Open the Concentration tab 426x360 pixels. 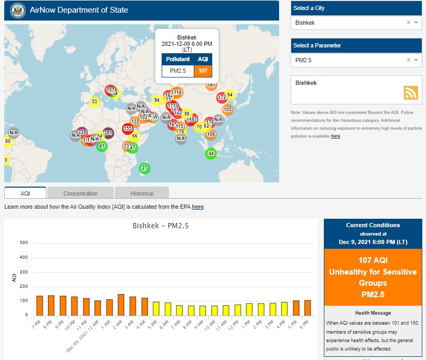click(x=81, y=193)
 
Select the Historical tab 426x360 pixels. click(x=142, y=193)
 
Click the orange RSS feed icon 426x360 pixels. click(x=411, y=92)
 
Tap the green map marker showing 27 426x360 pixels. click(x=144, y=168)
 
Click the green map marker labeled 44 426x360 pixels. click(x=211, y=153)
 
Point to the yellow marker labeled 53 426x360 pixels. click(x=94, y=101)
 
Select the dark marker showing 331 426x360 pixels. click(x=108, y=133)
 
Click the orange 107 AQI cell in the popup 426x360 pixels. click(x=203, y=71)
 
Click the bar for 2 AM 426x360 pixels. click(x=121, y=304)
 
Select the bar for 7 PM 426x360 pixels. click(x=39, y=305)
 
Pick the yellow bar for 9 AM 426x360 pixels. click(x=202, y=310)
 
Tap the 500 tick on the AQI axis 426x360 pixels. click(x=24, y=243)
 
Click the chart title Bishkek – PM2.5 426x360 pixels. click(x=160, y=226)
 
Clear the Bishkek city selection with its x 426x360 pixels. click(x=409, y=23)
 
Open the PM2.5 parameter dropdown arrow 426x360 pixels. click(x=416, y=60)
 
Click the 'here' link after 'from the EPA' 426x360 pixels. click(x=197, y=207)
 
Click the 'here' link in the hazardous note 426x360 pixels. click(x=335, y=136)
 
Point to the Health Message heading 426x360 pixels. click(x=373, y=313)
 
